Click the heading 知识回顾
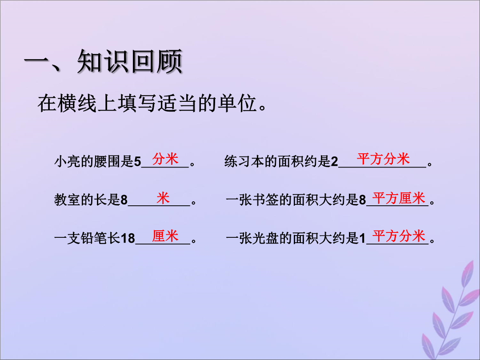tap(130, 61)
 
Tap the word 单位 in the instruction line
tap(237, 103)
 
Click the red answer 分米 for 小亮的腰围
tap(165, 159)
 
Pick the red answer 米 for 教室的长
tap(163, 198)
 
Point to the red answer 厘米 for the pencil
tap(165, 236)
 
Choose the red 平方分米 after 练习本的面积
tap(383, 159)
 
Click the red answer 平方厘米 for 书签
tap(399, 198)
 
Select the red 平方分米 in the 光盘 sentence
tap(399, 236)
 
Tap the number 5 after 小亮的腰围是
tap(137, 161)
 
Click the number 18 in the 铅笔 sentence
tap(128, 238)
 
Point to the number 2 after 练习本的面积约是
tap(334, 161)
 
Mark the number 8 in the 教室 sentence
tap(124, 200)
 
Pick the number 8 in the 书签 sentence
tap(362, 200)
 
